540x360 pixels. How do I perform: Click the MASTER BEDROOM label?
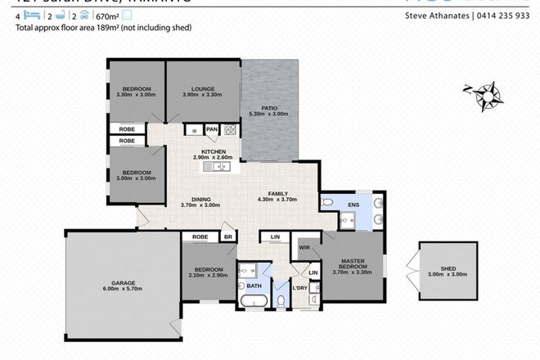point(353,264)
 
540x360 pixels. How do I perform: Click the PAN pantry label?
point(211,128)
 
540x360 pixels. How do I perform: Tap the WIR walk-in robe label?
point(304,246)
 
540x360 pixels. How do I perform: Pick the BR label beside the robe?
point(228,237)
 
